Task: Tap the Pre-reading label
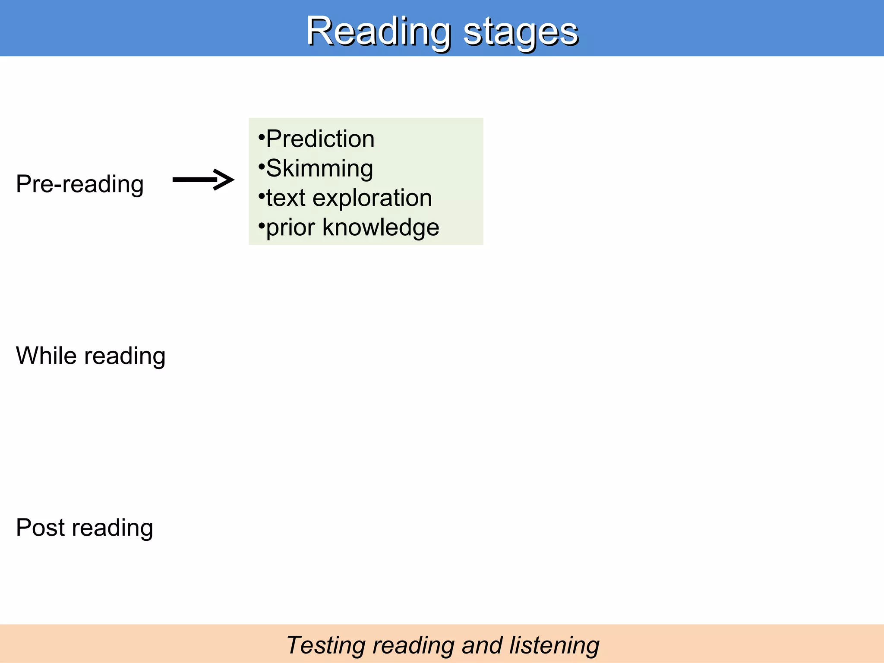click(80, 184)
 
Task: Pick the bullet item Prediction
click(320, 139)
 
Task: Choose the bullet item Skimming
click(319, 168)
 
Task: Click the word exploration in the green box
click(372, 198)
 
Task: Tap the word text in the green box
click(286, 198)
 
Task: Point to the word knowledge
click(381, 227)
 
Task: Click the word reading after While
click(125, 357)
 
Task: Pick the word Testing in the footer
click(325, 646)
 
